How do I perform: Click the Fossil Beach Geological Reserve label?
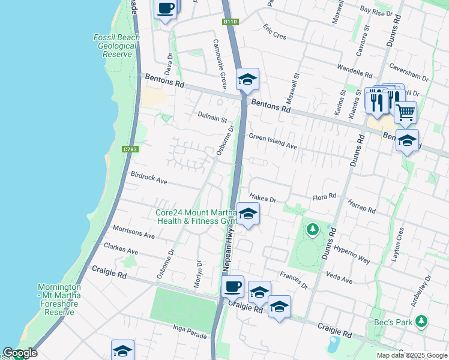click(x=116, y=46)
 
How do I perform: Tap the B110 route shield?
click(x=230, y=22)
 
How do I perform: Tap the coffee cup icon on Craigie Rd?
click(x=232, y=286)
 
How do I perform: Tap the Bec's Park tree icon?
click(x=422, y=322)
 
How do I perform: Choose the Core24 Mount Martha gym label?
click(x=196, y=217)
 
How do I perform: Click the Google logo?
click(x=20, y=353)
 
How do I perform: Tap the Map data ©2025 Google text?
click(x=411, y=355)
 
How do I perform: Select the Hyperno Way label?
click(x=353, y=253)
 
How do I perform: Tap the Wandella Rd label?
click(x=354, y=70)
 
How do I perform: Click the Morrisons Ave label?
click(x=134, y=233)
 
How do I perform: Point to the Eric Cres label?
click(x=274, y=32)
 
